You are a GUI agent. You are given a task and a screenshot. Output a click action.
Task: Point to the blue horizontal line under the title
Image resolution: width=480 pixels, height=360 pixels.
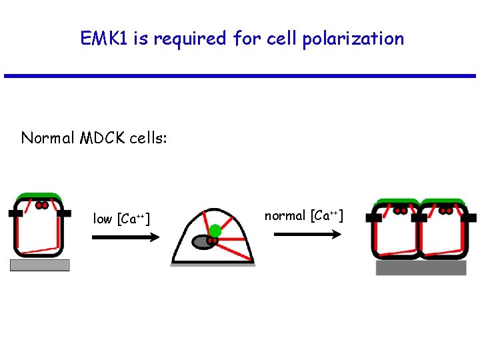(240, 76)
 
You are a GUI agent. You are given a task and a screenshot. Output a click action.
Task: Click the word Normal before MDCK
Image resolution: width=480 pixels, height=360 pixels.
(48, 138)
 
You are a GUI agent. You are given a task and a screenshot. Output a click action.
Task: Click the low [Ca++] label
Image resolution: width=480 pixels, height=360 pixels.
(121, 219)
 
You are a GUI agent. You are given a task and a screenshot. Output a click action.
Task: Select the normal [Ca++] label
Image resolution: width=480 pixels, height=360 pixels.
(304, 215)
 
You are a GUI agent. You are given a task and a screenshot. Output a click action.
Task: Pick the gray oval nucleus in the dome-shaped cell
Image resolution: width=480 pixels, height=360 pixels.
(202, 242)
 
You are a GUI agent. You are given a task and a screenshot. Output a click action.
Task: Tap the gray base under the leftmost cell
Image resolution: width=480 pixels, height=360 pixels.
(39, 265)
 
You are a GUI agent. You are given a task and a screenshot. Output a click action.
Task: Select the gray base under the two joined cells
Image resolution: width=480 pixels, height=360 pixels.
(421, 268)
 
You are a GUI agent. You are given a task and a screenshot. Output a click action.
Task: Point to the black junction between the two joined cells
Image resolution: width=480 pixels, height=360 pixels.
(419, 217)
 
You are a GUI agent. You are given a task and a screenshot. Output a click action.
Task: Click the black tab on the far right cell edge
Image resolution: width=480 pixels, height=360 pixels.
(470, 218)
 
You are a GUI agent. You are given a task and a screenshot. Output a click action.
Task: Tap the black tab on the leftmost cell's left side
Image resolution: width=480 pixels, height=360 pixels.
(15, 214)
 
